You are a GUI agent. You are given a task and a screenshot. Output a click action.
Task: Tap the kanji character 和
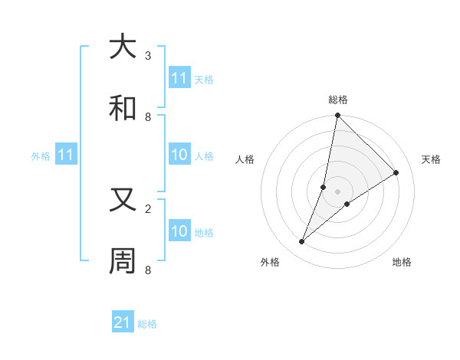123,108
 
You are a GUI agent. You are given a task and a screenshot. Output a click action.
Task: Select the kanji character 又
123,200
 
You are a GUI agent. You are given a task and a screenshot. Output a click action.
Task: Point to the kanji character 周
123,261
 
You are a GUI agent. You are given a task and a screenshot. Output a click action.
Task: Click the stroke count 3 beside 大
148,55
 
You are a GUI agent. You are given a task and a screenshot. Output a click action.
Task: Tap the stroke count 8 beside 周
148,270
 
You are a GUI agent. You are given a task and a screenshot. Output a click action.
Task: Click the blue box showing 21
123,322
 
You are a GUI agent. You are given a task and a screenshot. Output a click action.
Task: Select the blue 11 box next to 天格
179,78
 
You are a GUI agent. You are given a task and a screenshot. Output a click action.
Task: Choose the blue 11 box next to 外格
66,155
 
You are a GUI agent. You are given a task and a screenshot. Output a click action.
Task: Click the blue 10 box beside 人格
179,155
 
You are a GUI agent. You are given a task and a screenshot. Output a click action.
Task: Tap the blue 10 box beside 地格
179,231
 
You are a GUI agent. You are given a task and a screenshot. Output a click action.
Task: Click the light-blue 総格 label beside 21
147,324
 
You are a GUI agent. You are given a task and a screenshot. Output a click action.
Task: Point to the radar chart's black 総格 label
338,100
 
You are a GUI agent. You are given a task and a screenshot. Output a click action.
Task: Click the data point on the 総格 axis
337,116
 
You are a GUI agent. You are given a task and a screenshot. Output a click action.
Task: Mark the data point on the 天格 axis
396,173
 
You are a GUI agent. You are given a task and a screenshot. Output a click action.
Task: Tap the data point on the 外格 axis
302,242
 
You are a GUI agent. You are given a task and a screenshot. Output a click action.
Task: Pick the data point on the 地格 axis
347,203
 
